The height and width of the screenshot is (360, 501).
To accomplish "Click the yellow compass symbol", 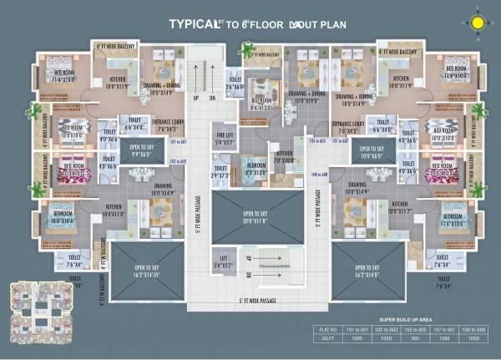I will point(478,22).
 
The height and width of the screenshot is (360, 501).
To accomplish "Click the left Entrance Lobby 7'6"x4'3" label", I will point(167,124).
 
